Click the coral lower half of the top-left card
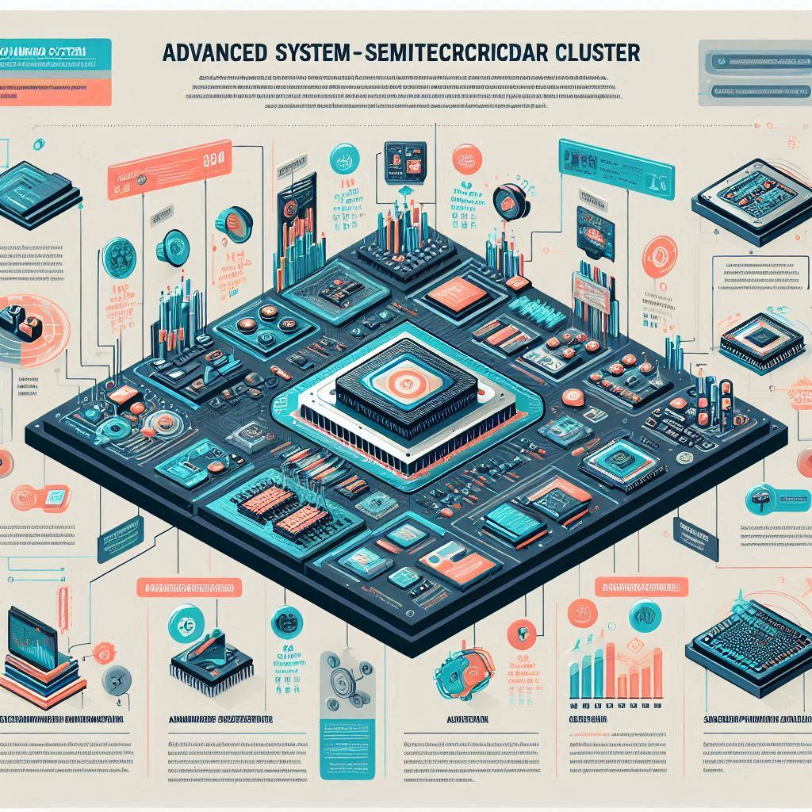56,90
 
